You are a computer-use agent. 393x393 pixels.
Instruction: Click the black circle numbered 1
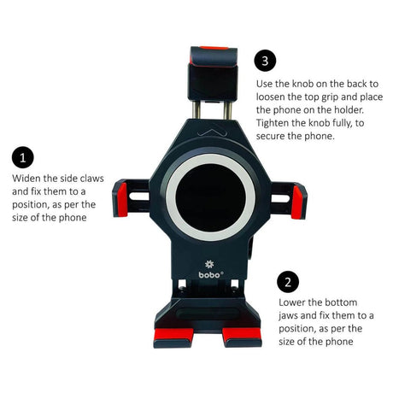coord(23,158)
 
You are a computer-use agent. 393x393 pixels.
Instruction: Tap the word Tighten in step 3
coord(276,122)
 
